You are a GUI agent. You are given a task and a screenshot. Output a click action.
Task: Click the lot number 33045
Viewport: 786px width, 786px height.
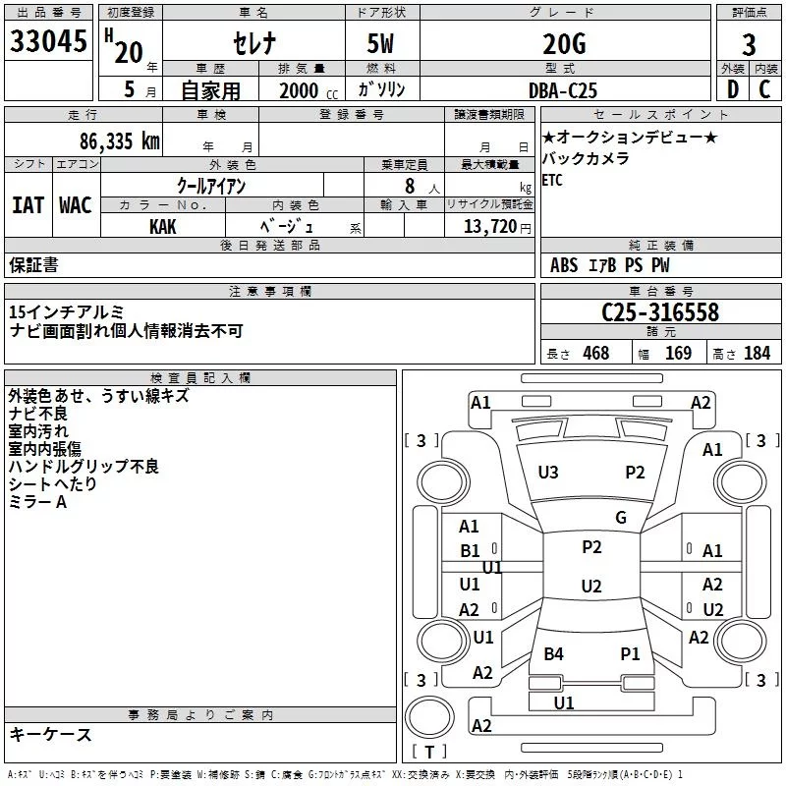pyautogui.click(x=48, y=40)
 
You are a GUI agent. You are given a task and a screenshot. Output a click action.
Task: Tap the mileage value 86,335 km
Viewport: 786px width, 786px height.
pyautogui.click(x=120, y=141)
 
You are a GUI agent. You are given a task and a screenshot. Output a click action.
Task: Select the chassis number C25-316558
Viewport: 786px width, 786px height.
pyautogui.click(x=660, y=312)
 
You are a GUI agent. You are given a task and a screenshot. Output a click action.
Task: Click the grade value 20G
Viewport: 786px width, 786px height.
pyautogui.click(x=564, y=44)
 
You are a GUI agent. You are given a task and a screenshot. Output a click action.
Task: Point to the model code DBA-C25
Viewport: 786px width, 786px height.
pyautogui.click(x=563, y=90)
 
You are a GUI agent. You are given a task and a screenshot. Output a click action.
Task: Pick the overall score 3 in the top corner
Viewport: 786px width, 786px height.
pyautogui.click(x=749, y=45)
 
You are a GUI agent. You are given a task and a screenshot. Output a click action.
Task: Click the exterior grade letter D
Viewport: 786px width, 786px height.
pyautogui.click(x=733, y=89)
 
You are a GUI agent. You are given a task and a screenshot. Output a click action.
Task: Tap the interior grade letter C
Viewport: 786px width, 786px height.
pyautogui.click(x=765, y=89)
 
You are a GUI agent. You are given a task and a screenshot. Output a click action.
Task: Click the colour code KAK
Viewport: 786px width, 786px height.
pyautogui.click(x=163, y=227)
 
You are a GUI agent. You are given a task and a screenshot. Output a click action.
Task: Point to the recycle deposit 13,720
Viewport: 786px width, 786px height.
pyautogui.click(x=490, y=227)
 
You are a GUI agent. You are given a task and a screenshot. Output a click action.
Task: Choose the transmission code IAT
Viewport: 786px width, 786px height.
pyautogui.click(x=28, y=205)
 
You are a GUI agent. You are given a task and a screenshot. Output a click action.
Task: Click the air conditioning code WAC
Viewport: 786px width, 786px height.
pyautogui.click(x=76, y=205)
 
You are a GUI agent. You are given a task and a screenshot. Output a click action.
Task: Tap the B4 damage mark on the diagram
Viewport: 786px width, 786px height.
pyautogui.click(x=553, y=654)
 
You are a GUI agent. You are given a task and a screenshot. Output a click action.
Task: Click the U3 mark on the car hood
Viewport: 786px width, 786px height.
pyautogui.click(x=548, y=473)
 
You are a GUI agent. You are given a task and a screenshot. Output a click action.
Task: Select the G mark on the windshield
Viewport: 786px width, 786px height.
pyautogui.click(x=621, y=517)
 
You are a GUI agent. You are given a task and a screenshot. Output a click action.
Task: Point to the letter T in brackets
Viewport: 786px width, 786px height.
pyautogui.click(x=429, y=752)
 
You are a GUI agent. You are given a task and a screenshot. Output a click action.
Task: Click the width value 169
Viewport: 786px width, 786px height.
pyautogui.click(x=679, y=354)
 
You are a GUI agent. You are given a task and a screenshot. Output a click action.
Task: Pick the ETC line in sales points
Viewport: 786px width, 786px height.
pyautogui.click(x=552, y=181)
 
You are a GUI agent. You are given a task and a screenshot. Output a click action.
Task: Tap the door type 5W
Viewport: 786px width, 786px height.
pyautogui.click(x=380, y=44)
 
